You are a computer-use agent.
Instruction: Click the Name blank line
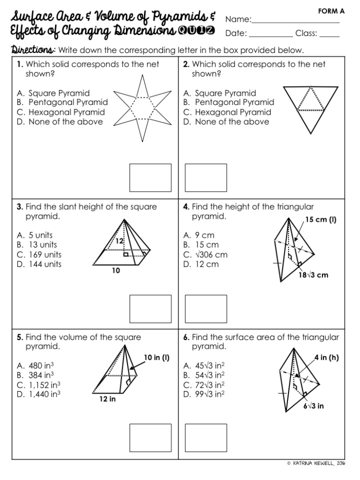click(296, 22)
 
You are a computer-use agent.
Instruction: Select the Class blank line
click(329, 37)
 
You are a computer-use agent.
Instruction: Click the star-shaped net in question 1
click(141, 109)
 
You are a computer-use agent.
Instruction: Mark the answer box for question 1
click(150, 177)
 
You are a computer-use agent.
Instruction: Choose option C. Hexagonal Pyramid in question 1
click(61, 112)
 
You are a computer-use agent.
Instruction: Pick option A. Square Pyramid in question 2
click(220, 93)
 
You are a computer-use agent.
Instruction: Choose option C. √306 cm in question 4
click(205, 255)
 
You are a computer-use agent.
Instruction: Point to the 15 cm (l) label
click(320, 220)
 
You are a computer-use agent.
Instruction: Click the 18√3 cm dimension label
click(313, 275)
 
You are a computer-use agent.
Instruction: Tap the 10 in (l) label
click(157, 357)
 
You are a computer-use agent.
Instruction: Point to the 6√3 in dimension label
click(313, 406)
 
